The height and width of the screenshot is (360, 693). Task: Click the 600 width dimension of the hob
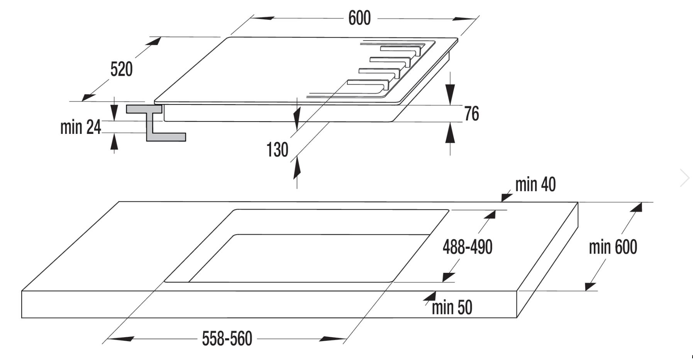pyautogui.click(x=359, y=18)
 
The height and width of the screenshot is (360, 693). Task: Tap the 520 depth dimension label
pyautogui.click(x=121, y=69)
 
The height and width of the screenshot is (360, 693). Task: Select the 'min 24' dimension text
pyautogui.click(x=80, y=127)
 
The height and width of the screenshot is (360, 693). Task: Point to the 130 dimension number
pyautogui.click(x=277, y=150)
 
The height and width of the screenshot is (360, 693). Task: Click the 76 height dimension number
pyautogui.click(x=471, y=114)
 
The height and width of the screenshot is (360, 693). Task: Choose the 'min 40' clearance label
pyautogui.click(x=535, y=185)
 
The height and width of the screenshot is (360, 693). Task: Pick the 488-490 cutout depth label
pyautogui.click(x=467, y=247)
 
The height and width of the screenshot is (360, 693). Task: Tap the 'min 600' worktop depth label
pyautogui.click(x=613, y=247)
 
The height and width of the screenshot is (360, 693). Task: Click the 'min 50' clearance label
pyautogui.click(x=452, y=308)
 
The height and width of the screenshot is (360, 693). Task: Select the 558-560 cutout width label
pyautogui.click(x=227, y=339)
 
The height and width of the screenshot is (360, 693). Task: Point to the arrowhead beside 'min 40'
pyautogui.click(x=506, y=198)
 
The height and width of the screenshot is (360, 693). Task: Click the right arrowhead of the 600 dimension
pyautogui.click(x=466, y=19)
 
